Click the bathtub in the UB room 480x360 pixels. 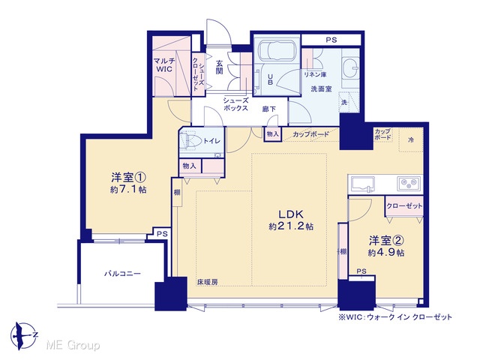pyautogui.click(x=277, y=51)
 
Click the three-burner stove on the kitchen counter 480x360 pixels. pyautogui.click(x=409, y=183)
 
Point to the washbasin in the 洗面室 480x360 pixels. pyautogui.click(x=351, y=68)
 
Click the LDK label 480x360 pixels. pyautogui.click(x=290, y=214)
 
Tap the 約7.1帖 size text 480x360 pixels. pyautogui.click(x=128, y=190)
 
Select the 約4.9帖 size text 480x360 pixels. pyautogui.click(x=386, y=253)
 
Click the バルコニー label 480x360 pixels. pyautogui.click(x=122, y=273)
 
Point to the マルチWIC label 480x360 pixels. pyautogui.click(x=164, y=64)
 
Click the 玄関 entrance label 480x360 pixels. pyautogui.click(x=219, y=67)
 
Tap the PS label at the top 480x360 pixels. pyautogui.click(x=331, y=40)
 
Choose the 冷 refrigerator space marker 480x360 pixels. pyautogui.click(x=411, y=140)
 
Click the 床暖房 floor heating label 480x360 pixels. pyautogui.click(x=208, y=282)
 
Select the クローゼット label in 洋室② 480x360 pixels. pyautogui.click(x=404, y=206)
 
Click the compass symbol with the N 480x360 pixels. pyautogui.click(x=24, y=336)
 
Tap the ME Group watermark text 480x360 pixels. pyautogui.click(x=73, y=346)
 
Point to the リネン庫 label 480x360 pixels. pyautogui.click(x=315, y=74)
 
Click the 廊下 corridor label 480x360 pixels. pyautogui.click(x=268, y=109)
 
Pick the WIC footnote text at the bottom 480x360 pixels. pyautogui.click(x=395, y=316)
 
